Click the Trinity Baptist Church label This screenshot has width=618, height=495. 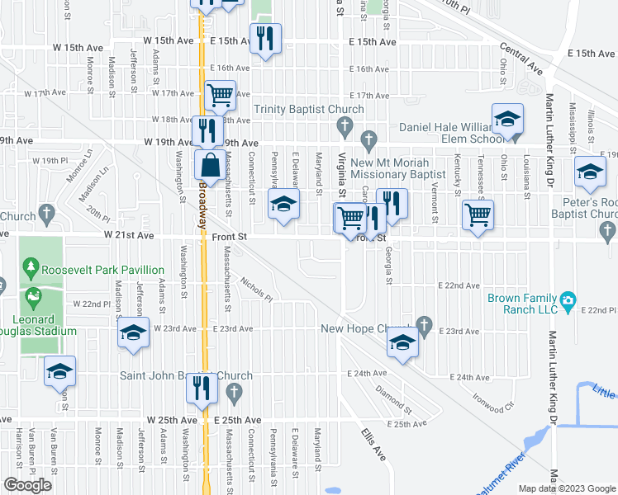(x=309, y=110)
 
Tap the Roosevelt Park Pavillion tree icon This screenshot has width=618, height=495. (x=31, y=266)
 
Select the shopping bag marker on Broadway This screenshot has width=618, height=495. (x=208, y=164)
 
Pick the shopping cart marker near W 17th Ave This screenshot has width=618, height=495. (x=221, y=95)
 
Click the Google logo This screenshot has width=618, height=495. (x=27, y=485)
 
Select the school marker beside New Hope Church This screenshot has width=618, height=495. (x=402, y=343)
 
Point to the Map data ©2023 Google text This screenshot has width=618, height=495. (x=567, y=488)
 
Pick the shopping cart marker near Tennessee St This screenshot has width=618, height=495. (x=478, y=216)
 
